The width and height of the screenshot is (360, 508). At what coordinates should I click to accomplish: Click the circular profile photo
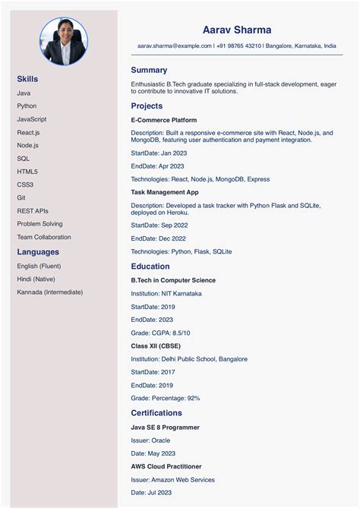[x=63, y=41]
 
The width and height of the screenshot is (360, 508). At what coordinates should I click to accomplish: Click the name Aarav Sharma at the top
[x=237, y=30]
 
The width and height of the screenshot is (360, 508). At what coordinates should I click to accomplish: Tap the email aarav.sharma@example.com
[x=175, y=46]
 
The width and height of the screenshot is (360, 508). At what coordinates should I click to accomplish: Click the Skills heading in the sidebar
[x=27, y=79]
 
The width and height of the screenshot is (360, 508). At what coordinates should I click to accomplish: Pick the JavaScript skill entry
[x=32, y=119]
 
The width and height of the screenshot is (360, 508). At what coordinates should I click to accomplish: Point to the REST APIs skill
[x=33, y=211]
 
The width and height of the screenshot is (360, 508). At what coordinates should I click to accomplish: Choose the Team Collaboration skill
[x=44, y=237]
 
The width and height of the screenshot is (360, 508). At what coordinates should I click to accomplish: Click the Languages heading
[x=38, y=252]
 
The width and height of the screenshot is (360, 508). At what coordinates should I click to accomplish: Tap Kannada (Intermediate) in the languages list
[x=50, y=292]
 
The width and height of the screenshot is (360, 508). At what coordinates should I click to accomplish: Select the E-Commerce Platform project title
[x=164, y=120]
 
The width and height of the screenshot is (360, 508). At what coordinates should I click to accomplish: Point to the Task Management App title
[x=165, y=192]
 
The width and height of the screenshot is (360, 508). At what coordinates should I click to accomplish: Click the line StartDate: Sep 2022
[x=159, y=226]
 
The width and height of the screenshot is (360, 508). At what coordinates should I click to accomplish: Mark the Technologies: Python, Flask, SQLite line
[x=182, y=251]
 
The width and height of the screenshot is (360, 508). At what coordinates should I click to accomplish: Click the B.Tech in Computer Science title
[x=173, y=280]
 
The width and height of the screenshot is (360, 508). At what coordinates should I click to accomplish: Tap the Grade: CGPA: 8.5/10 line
[x=161, y=333]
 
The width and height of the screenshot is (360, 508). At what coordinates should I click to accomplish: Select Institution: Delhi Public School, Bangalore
[x=189, y=359]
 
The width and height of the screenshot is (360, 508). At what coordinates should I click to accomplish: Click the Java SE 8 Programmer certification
[x=165, y=428]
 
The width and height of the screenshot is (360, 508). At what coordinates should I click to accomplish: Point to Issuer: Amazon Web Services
[x=172, y=480]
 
